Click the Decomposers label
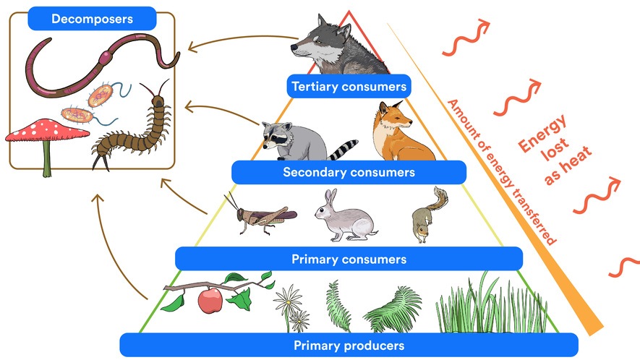[91, 18]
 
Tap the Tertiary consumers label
[349, 87]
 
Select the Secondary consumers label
[349, 173]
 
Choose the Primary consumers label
[349, 258]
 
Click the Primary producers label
[349, 345]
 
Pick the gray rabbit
[344, 216]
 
